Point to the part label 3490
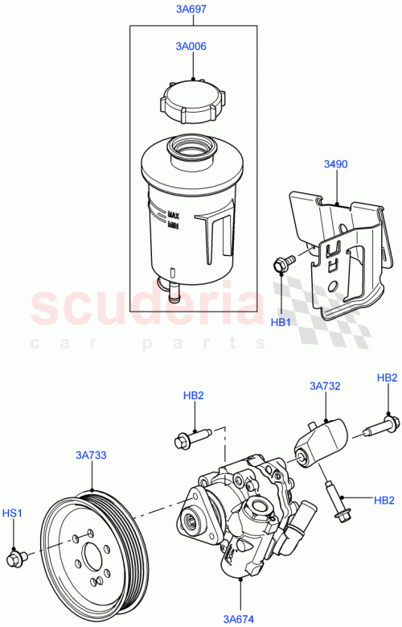click(x=335, y=164)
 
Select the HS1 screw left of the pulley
click(x=15, y=557)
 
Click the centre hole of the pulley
click(x=90, y=555)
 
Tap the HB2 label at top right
click(x=387, y=377)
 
